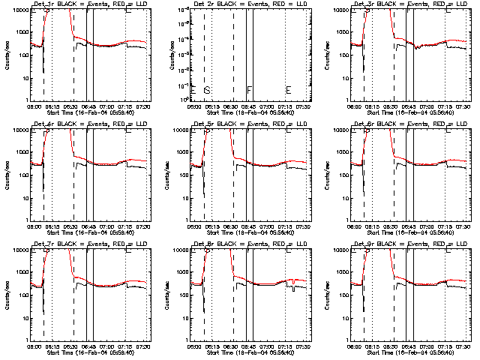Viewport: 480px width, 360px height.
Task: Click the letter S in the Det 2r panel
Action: (206, 91)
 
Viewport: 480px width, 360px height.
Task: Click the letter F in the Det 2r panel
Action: (249, 91)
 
